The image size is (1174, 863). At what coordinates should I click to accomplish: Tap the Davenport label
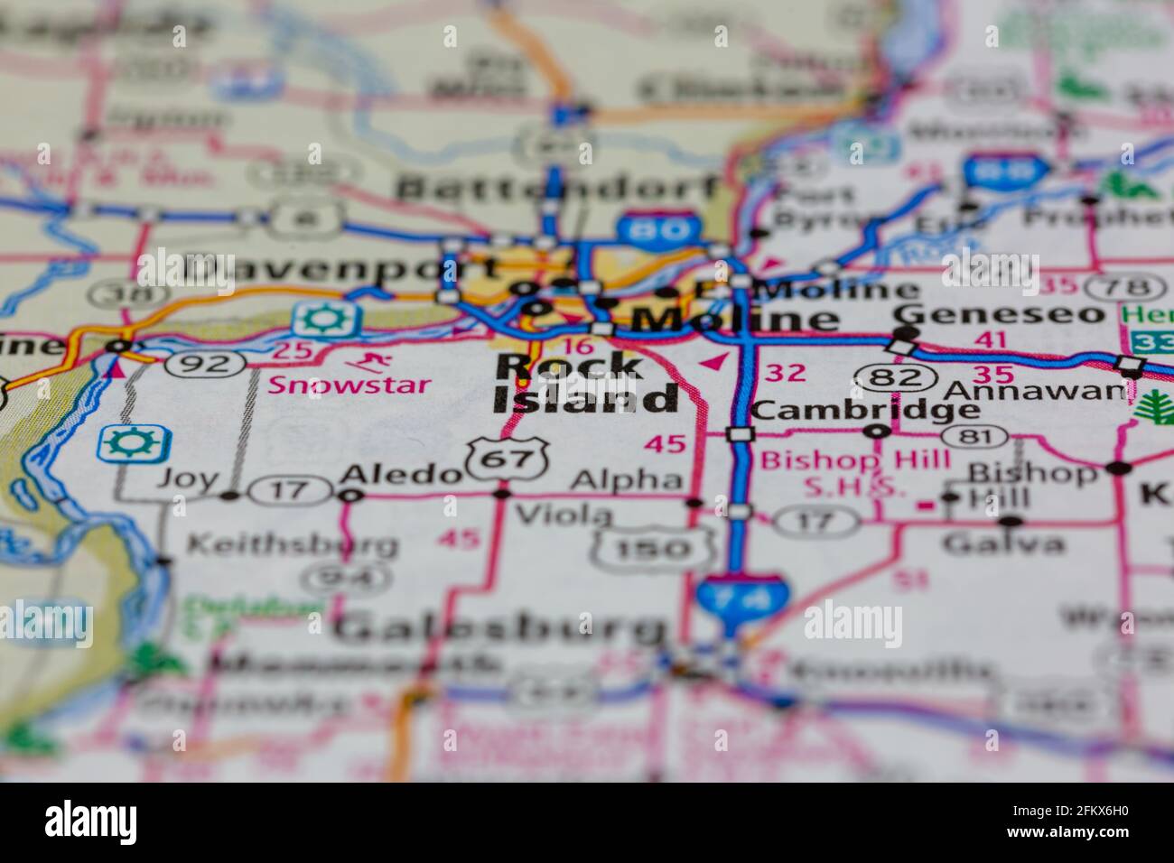point(341,268)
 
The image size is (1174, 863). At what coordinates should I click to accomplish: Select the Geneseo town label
point(999,313)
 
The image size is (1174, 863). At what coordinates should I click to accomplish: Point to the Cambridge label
point(865,410)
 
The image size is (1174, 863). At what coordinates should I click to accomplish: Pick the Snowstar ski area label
point(349,384)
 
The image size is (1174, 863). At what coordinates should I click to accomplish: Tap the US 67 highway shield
point(508,459)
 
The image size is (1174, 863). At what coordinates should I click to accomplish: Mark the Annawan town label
point(1035,391)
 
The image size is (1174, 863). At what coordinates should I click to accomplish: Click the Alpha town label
point(628,479)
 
